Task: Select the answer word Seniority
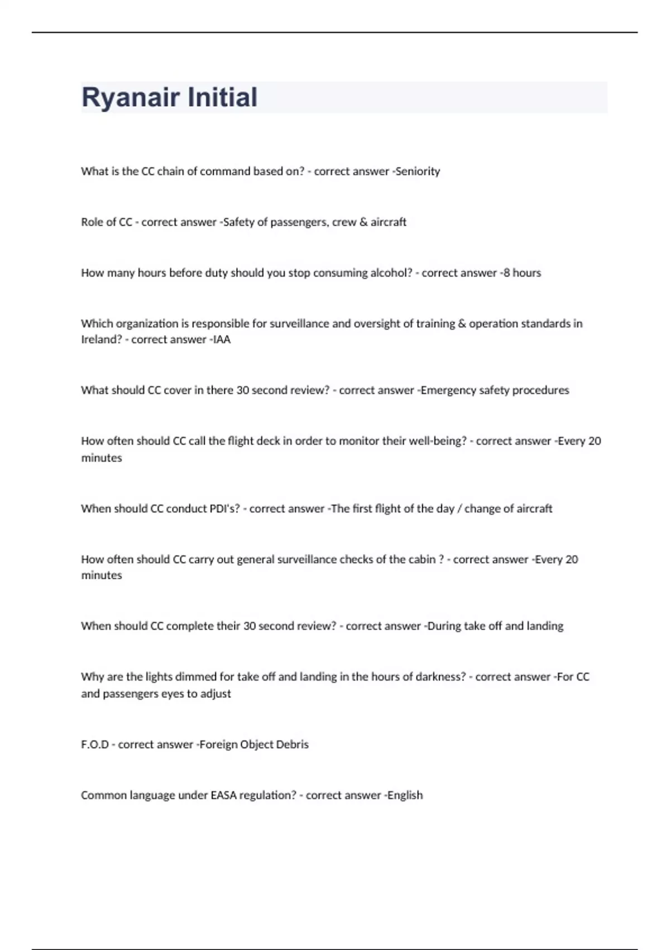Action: pos(418,172)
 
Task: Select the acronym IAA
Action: pos(222,340)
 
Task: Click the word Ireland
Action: pos(101,340)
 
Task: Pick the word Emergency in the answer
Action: pos(444,390)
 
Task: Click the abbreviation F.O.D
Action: pos(95,744)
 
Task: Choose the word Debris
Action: pos(292,744)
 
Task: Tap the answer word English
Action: pos(405,795)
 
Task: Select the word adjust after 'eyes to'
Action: pos(215,693)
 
